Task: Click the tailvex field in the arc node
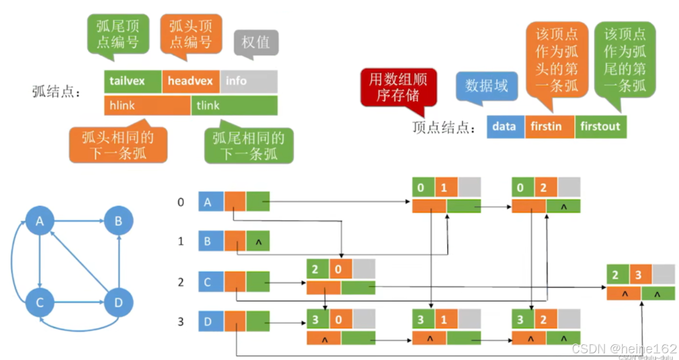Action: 133,81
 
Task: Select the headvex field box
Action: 190,81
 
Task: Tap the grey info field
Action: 249,81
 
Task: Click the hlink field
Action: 147,105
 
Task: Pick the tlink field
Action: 234,105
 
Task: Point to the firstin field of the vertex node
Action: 549,126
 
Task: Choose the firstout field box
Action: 600,126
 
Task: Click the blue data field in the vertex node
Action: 505,126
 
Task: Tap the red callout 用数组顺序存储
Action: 398,87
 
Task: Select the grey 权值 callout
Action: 256,42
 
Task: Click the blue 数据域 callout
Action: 487,86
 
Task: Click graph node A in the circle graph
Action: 40,222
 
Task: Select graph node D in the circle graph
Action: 119,302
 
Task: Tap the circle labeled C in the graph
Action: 40,302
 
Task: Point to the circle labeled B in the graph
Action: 119,222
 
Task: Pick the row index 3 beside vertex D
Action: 181,322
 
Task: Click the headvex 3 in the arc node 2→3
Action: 638,275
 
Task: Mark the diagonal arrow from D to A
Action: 79,262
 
